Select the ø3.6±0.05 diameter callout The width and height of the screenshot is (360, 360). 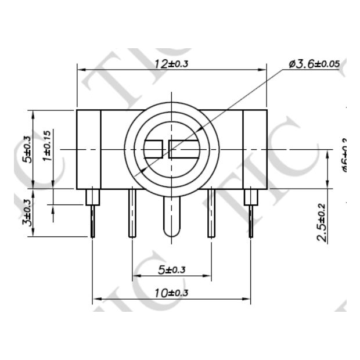[314, 63]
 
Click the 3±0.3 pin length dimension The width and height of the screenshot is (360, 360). [26, 213]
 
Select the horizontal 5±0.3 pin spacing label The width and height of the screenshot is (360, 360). [171, 269]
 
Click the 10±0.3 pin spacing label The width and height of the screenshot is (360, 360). [171, 293]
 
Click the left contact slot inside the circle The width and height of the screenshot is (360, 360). [154, 149]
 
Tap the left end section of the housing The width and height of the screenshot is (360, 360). [89, 149]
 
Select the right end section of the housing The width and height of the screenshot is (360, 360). [254, 149]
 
